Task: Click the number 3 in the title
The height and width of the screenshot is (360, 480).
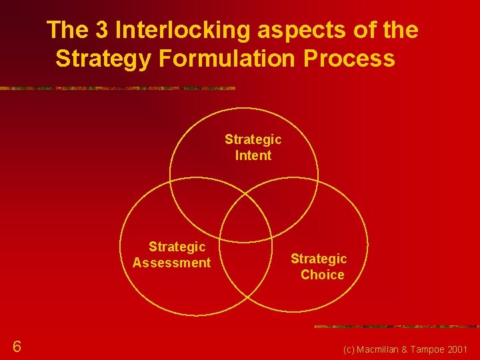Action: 104,30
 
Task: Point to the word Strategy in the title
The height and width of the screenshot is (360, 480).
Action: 104,59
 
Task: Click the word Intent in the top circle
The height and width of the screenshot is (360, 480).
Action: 253,156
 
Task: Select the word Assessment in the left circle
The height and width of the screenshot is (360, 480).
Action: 171,263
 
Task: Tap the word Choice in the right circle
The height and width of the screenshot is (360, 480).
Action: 322,275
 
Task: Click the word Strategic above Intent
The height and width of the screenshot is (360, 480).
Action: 253,139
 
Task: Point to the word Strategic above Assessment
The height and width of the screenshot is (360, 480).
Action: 177,247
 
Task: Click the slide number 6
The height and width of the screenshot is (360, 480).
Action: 17,346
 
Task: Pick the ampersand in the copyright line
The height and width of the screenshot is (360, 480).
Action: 404,349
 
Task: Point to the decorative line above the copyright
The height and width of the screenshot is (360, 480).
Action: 396,327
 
